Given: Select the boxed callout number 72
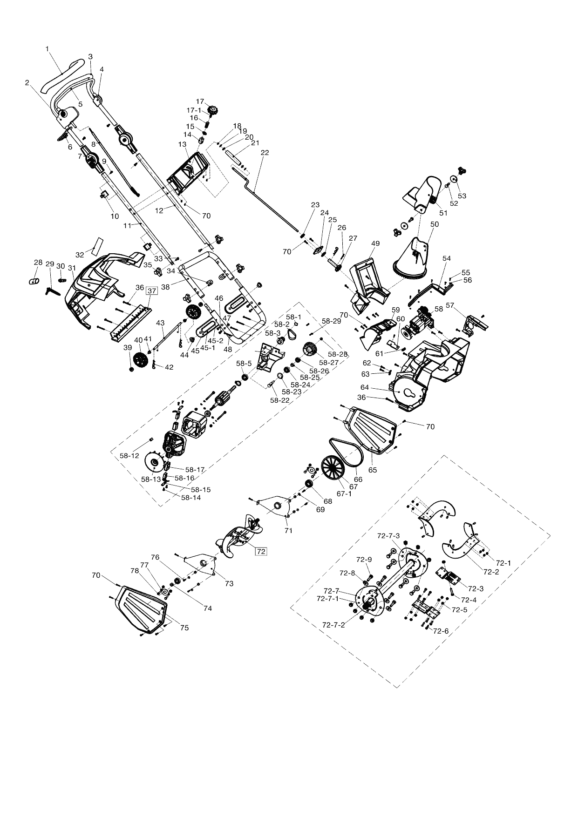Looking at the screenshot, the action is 261,551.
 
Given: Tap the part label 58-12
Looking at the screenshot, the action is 129,456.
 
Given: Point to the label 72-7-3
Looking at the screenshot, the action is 388,536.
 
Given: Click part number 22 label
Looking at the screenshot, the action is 265,153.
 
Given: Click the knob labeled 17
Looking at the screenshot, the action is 213,111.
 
